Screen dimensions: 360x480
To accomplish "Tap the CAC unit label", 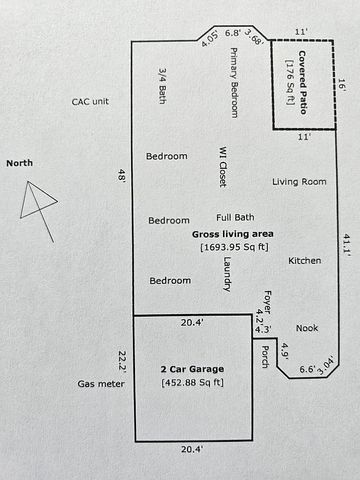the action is (90, 102).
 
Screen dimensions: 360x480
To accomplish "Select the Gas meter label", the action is (101, 384).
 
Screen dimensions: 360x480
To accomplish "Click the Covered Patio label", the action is (302, 82).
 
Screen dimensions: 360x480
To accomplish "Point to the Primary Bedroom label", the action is (234, 82).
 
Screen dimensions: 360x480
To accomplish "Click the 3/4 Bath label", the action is (163, 86).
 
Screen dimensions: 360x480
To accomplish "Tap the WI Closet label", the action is (223, 166).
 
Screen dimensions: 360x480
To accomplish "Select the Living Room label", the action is (299, 182).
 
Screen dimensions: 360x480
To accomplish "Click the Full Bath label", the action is (235, 217).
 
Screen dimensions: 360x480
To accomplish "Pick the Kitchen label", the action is (305, 260).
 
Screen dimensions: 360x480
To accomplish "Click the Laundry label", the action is (227, 274).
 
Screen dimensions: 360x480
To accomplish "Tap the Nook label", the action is (307, 328).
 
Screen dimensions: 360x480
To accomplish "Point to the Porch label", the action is (265, 357).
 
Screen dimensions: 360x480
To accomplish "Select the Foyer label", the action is (268, 301).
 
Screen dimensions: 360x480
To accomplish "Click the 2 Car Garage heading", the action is (192, 369).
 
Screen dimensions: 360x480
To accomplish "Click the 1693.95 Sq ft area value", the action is (234, 247).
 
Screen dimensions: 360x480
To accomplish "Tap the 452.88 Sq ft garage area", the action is (192, 382).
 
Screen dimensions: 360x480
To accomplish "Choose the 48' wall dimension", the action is (121, 175).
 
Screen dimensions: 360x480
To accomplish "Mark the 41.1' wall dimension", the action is (347, 245).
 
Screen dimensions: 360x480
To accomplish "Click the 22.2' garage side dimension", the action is (123, 361).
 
